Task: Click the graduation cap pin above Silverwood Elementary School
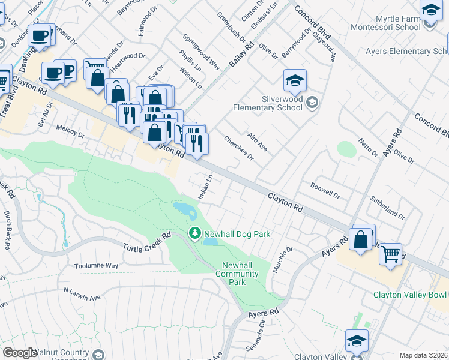click(295, 80)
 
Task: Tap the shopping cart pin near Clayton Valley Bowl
click(390, 254)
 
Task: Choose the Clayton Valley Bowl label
click(411, 295)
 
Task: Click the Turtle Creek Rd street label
click(147, 242)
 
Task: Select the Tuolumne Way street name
click(96, 265)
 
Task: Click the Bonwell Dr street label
click(325, 191)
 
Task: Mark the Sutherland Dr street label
click(388, 205)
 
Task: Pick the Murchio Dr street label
click(282, 260)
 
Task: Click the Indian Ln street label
click(205, 187)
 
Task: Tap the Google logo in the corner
click(19, 353)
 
